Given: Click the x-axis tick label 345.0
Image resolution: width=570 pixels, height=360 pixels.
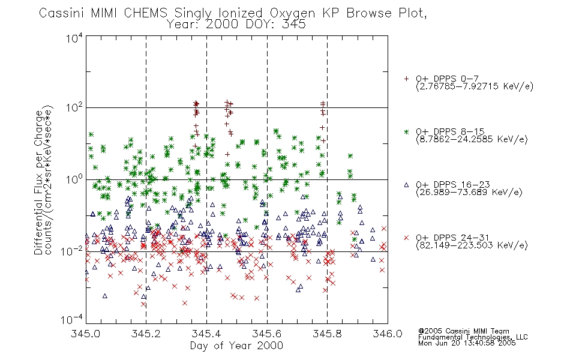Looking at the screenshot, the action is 85,334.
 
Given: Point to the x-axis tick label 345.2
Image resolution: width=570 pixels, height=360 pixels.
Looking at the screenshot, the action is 146,334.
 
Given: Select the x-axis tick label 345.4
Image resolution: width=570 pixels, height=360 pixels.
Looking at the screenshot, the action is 206,334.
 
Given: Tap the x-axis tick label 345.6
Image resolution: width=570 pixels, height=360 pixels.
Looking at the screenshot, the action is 266,334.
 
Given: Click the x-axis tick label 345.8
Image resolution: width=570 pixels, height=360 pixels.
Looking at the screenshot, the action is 327,334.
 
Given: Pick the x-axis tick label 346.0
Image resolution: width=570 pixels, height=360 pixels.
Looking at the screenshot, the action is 388,334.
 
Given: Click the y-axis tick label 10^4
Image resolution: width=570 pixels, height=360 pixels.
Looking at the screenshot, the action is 74,38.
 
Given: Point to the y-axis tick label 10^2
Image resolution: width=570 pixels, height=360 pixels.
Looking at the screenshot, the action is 74,107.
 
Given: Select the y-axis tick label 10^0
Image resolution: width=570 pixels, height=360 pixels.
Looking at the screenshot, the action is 74,179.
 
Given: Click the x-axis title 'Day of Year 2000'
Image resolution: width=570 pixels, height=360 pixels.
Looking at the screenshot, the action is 236,346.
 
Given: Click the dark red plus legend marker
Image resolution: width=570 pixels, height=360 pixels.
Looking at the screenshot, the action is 406,79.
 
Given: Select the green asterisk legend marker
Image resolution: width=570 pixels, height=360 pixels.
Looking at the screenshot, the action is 406,131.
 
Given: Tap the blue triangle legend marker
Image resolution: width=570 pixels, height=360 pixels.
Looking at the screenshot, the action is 406,185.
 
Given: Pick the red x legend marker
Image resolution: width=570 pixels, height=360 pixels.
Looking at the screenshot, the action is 406,238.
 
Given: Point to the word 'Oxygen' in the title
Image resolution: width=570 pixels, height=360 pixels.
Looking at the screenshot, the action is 292,13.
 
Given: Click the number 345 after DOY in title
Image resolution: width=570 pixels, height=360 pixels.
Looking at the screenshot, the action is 293,25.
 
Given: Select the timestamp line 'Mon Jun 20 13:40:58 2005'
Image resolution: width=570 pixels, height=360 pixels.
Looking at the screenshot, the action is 467,343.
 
